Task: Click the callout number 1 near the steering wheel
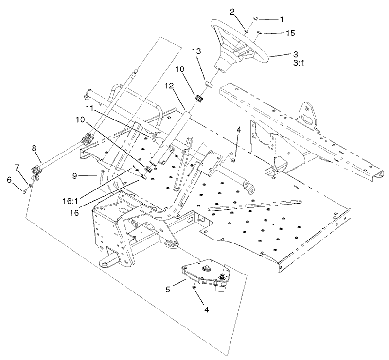point(282,19)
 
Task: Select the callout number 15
point(290,34)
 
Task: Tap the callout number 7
point(17,168)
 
